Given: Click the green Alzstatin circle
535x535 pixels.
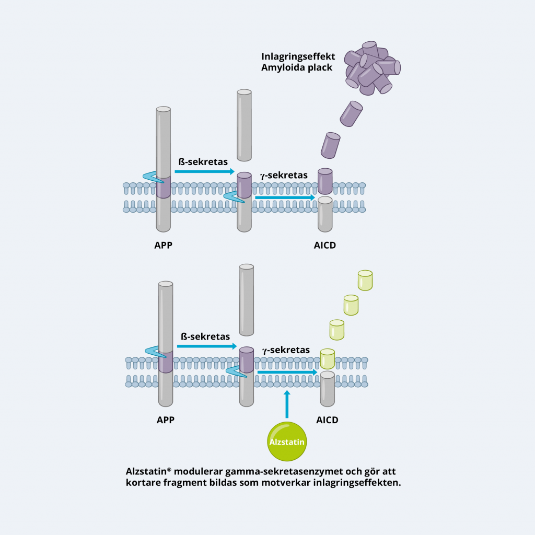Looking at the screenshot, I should pos(286,441).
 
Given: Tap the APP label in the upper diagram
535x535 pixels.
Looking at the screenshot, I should pos(164,244).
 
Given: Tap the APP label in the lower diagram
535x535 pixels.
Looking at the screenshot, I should pos(166,420).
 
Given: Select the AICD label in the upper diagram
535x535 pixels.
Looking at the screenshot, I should pos(325,245).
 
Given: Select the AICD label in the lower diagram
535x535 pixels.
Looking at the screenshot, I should pos(327,420).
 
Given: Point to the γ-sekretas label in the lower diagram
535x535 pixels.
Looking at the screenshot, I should pos(286,350).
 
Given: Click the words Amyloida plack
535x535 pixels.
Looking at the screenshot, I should pos(297,67).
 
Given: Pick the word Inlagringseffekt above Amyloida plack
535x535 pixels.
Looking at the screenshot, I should pos(298,56).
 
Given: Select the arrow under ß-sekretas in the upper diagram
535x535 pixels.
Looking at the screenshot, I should pos(204,171).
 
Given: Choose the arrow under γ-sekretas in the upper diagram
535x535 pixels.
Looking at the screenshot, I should pos(285,197).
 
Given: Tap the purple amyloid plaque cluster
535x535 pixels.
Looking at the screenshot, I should pos(371,68).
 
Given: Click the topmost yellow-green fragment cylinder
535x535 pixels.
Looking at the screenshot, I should pos(365,280).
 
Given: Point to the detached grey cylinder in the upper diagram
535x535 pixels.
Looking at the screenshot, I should pos(244,125).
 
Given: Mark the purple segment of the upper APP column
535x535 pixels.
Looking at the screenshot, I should pos(164,187).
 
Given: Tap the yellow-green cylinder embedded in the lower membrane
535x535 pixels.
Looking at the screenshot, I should pos(327,359).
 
